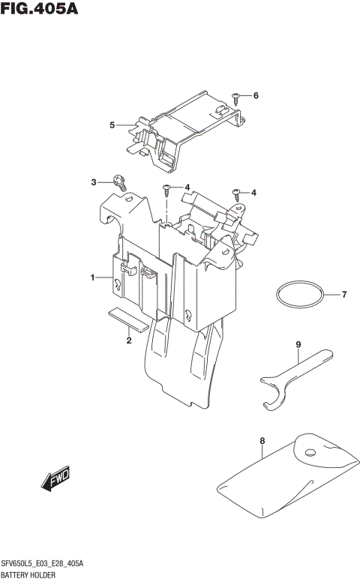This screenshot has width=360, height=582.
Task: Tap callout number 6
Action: point(256,96)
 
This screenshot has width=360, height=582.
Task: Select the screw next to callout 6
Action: point(237,96)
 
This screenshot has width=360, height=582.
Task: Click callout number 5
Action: point(112,124)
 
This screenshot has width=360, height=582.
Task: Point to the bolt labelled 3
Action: point(119,180)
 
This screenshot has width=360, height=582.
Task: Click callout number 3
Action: point(94,182)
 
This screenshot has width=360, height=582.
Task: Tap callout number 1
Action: point(93,278)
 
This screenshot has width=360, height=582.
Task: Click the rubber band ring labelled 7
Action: point(299,295)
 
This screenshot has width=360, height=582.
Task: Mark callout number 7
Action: point(344,295)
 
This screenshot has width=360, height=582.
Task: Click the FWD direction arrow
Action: point(55,478)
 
